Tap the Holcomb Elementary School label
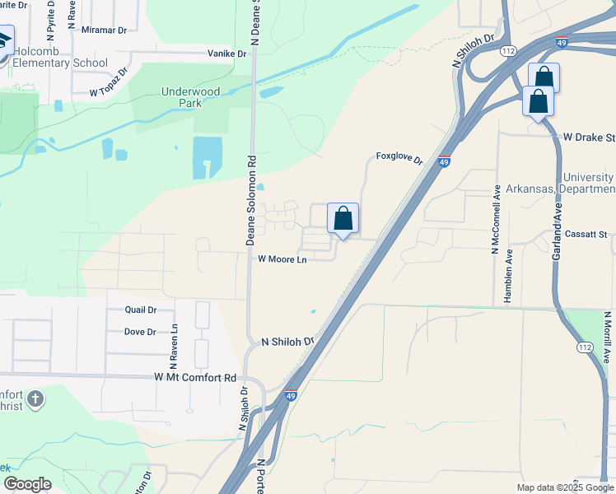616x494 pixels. click(59, 57)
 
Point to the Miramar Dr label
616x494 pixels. click(105, 30)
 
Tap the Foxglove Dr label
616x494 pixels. click(399, 156)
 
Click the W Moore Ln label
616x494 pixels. click(282, 259)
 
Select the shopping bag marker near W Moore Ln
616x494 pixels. click(343, 220)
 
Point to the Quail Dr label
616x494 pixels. click(140, 310)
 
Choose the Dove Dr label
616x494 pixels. click(140, 332)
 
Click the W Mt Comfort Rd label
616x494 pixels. click(195, 377)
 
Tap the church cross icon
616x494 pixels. click(35, 400)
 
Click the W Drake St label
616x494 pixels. click(588, 137)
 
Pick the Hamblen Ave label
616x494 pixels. click(508, 276)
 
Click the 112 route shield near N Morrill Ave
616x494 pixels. click(586, 347)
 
